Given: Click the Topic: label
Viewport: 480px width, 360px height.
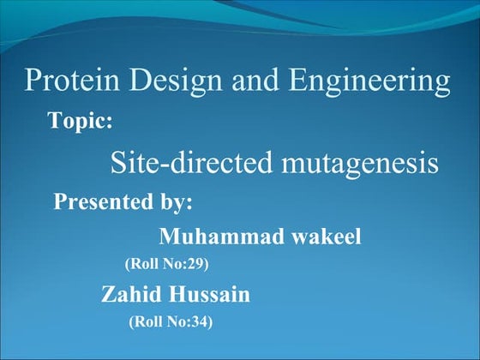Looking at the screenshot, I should [x=81, y=122].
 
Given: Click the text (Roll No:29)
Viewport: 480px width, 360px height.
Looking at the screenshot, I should [x=167, y=264].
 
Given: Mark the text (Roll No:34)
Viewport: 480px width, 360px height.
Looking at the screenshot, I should [x=170, y=323].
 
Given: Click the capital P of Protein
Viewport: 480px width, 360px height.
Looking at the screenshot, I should [x=33, y=81].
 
